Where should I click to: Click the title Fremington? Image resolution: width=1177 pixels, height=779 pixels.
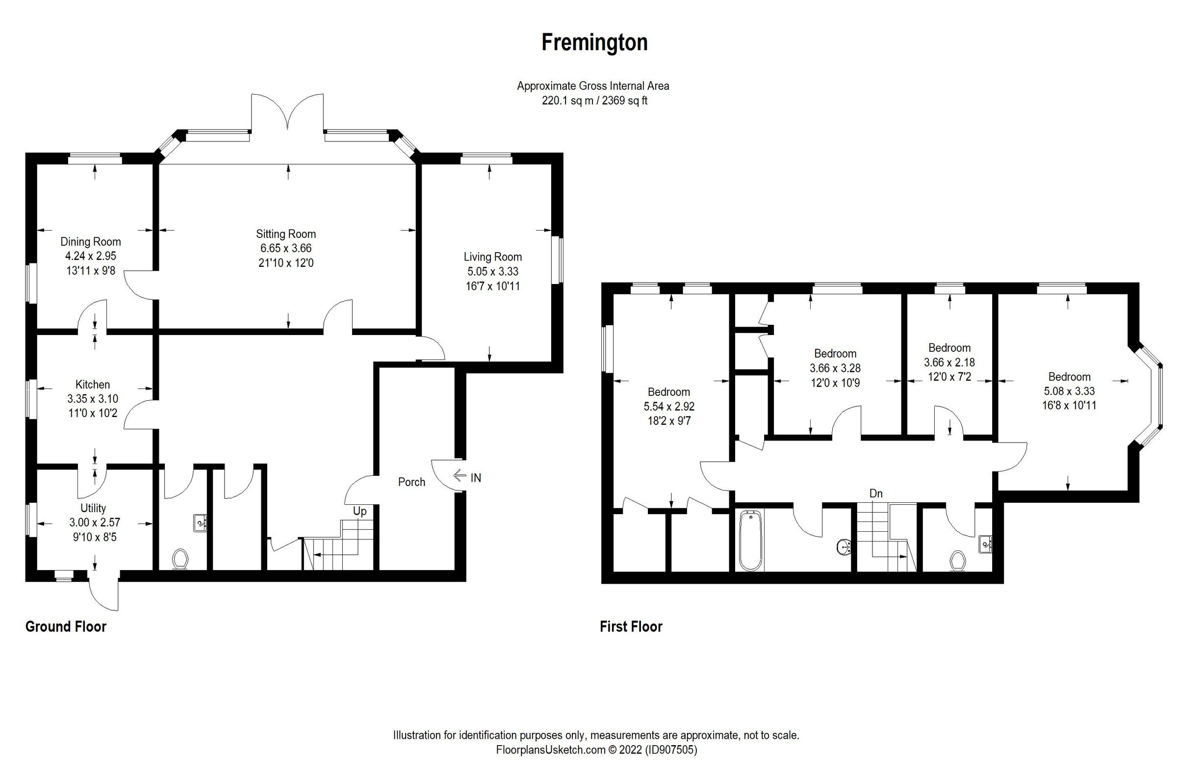pos(594,43)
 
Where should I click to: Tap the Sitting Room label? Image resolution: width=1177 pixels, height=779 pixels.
pos(285,234)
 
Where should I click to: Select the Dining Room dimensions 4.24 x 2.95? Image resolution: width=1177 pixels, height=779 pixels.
pos(90,257)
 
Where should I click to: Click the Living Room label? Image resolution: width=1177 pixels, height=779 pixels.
pos(492,257)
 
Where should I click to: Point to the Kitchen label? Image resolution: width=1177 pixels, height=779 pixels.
pos(92,385)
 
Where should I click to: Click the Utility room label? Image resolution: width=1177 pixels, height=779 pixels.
pos(93,508)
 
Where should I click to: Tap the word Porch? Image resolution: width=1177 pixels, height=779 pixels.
pos(411,482)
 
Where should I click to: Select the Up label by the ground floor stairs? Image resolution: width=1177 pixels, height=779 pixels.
pos(359,511)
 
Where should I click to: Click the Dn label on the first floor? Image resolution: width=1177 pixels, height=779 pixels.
pos(875,493)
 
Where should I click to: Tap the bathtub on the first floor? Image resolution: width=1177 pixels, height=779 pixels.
pos(750,542)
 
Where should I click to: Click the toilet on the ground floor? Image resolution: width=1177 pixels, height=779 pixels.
pos(180,559)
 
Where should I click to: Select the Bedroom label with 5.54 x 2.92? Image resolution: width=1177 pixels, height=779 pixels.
pos(668,392)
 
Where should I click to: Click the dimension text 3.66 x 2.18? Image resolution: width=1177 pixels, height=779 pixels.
pos(949,363)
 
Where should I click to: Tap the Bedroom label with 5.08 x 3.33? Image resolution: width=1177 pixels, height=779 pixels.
pos(1069,377)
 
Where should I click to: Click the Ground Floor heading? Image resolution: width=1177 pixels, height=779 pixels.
pos(66,626)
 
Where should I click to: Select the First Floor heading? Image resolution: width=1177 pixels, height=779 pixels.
pos(631,626)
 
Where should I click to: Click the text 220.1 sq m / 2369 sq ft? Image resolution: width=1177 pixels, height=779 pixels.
pos(594,101)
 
